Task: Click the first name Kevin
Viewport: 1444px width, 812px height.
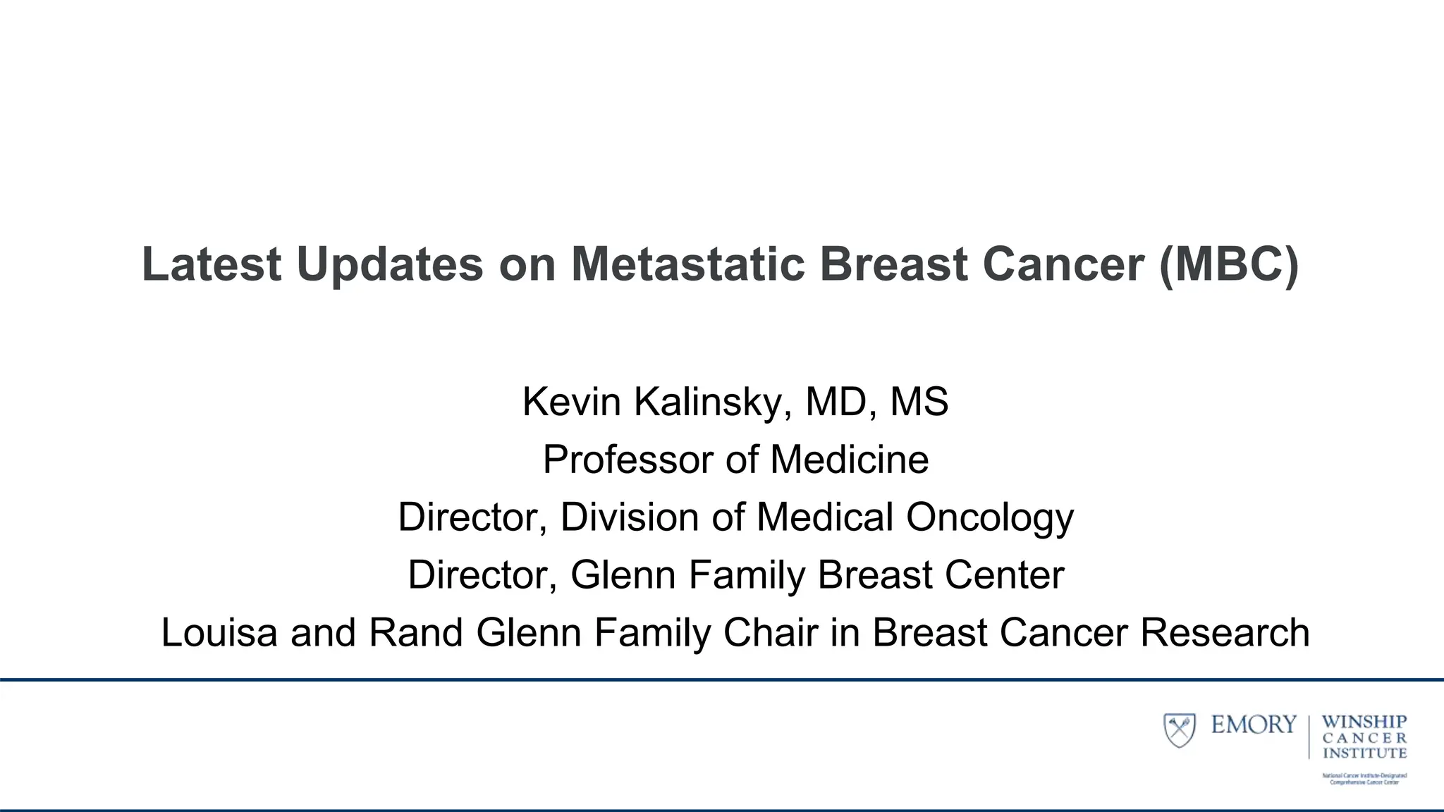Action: click(572, 402)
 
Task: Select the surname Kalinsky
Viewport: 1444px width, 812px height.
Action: click(712, 402)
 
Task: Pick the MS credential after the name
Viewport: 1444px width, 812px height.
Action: click(919, 402)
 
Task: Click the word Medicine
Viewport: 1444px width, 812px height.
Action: click(849, 460)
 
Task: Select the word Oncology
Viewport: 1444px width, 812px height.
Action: click(990, 517)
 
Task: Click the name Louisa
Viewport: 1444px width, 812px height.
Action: click(219, 632)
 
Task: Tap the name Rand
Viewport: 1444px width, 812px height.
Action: click(415, 632)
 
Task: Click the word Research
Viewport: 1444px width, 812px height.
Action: click(1225, 632)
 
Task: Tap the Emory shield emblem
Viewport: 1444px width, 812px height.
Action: click(1179, 730)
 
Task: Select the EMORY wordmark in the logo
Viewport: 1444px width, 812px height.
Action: click(1254, 725)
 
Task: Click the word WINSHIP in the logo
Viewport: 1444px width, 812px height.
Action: click(1364, 722)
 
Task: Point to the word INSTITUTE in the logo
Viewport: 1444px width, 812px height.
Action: click(1364, 753)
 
